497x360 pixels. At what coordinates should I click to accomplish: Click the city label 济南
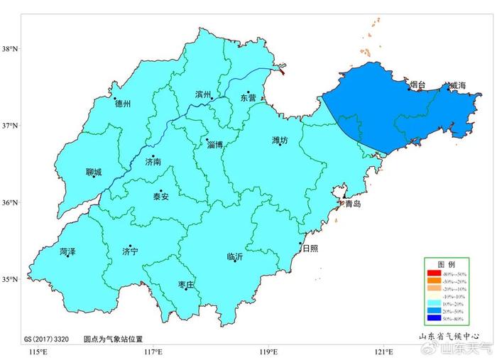click(x=153, y=162)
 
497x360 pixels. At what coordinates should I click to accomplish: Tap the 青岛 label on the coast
click(x=353, y=203)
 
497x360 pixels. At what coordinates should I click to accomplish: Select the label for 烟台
click(x=418, y=85)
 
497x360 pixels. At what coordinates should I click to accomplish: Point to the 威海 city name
click(x=457, y=86)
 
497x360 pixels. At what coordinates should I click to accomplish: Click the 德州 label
click(x=123, y=104)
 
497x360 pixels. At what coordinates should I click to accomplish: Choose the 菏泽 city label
click(x=67, y=251)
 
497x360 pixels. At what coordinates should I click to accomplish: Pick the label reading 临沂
click(x=235, y=257)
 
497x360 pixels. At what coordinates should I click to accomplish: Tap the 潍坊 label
click(x=280, y=141)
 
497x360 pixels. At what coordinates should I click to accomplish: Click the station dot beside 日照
click(x=300, y=244)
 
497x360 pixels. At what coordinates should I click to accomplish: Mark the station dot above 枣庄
click(x=186, y=288)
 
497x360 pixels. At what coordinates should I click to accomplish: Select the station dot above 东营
click(x=248, y=92)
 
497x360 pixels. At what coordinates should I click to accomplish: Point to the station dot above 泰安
click(x=160, y=191)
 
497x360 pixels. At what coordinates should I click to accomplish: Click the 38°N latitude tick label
click(x=10, y=49)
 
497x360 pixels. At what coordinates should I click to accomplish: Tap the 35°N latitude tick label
click(x=10, y=280)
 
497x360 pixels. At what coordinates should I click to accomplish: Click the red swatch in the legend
click(x=433, y=273)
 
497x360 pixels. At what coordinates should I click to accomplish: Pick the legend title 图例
click(x=445, y=263)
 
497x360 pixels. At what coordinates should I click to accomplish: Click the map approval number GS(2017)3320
click(x=46, y=339)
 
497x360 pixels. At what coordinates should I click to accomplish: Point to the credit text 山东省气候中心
click(x=447, y=337)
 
